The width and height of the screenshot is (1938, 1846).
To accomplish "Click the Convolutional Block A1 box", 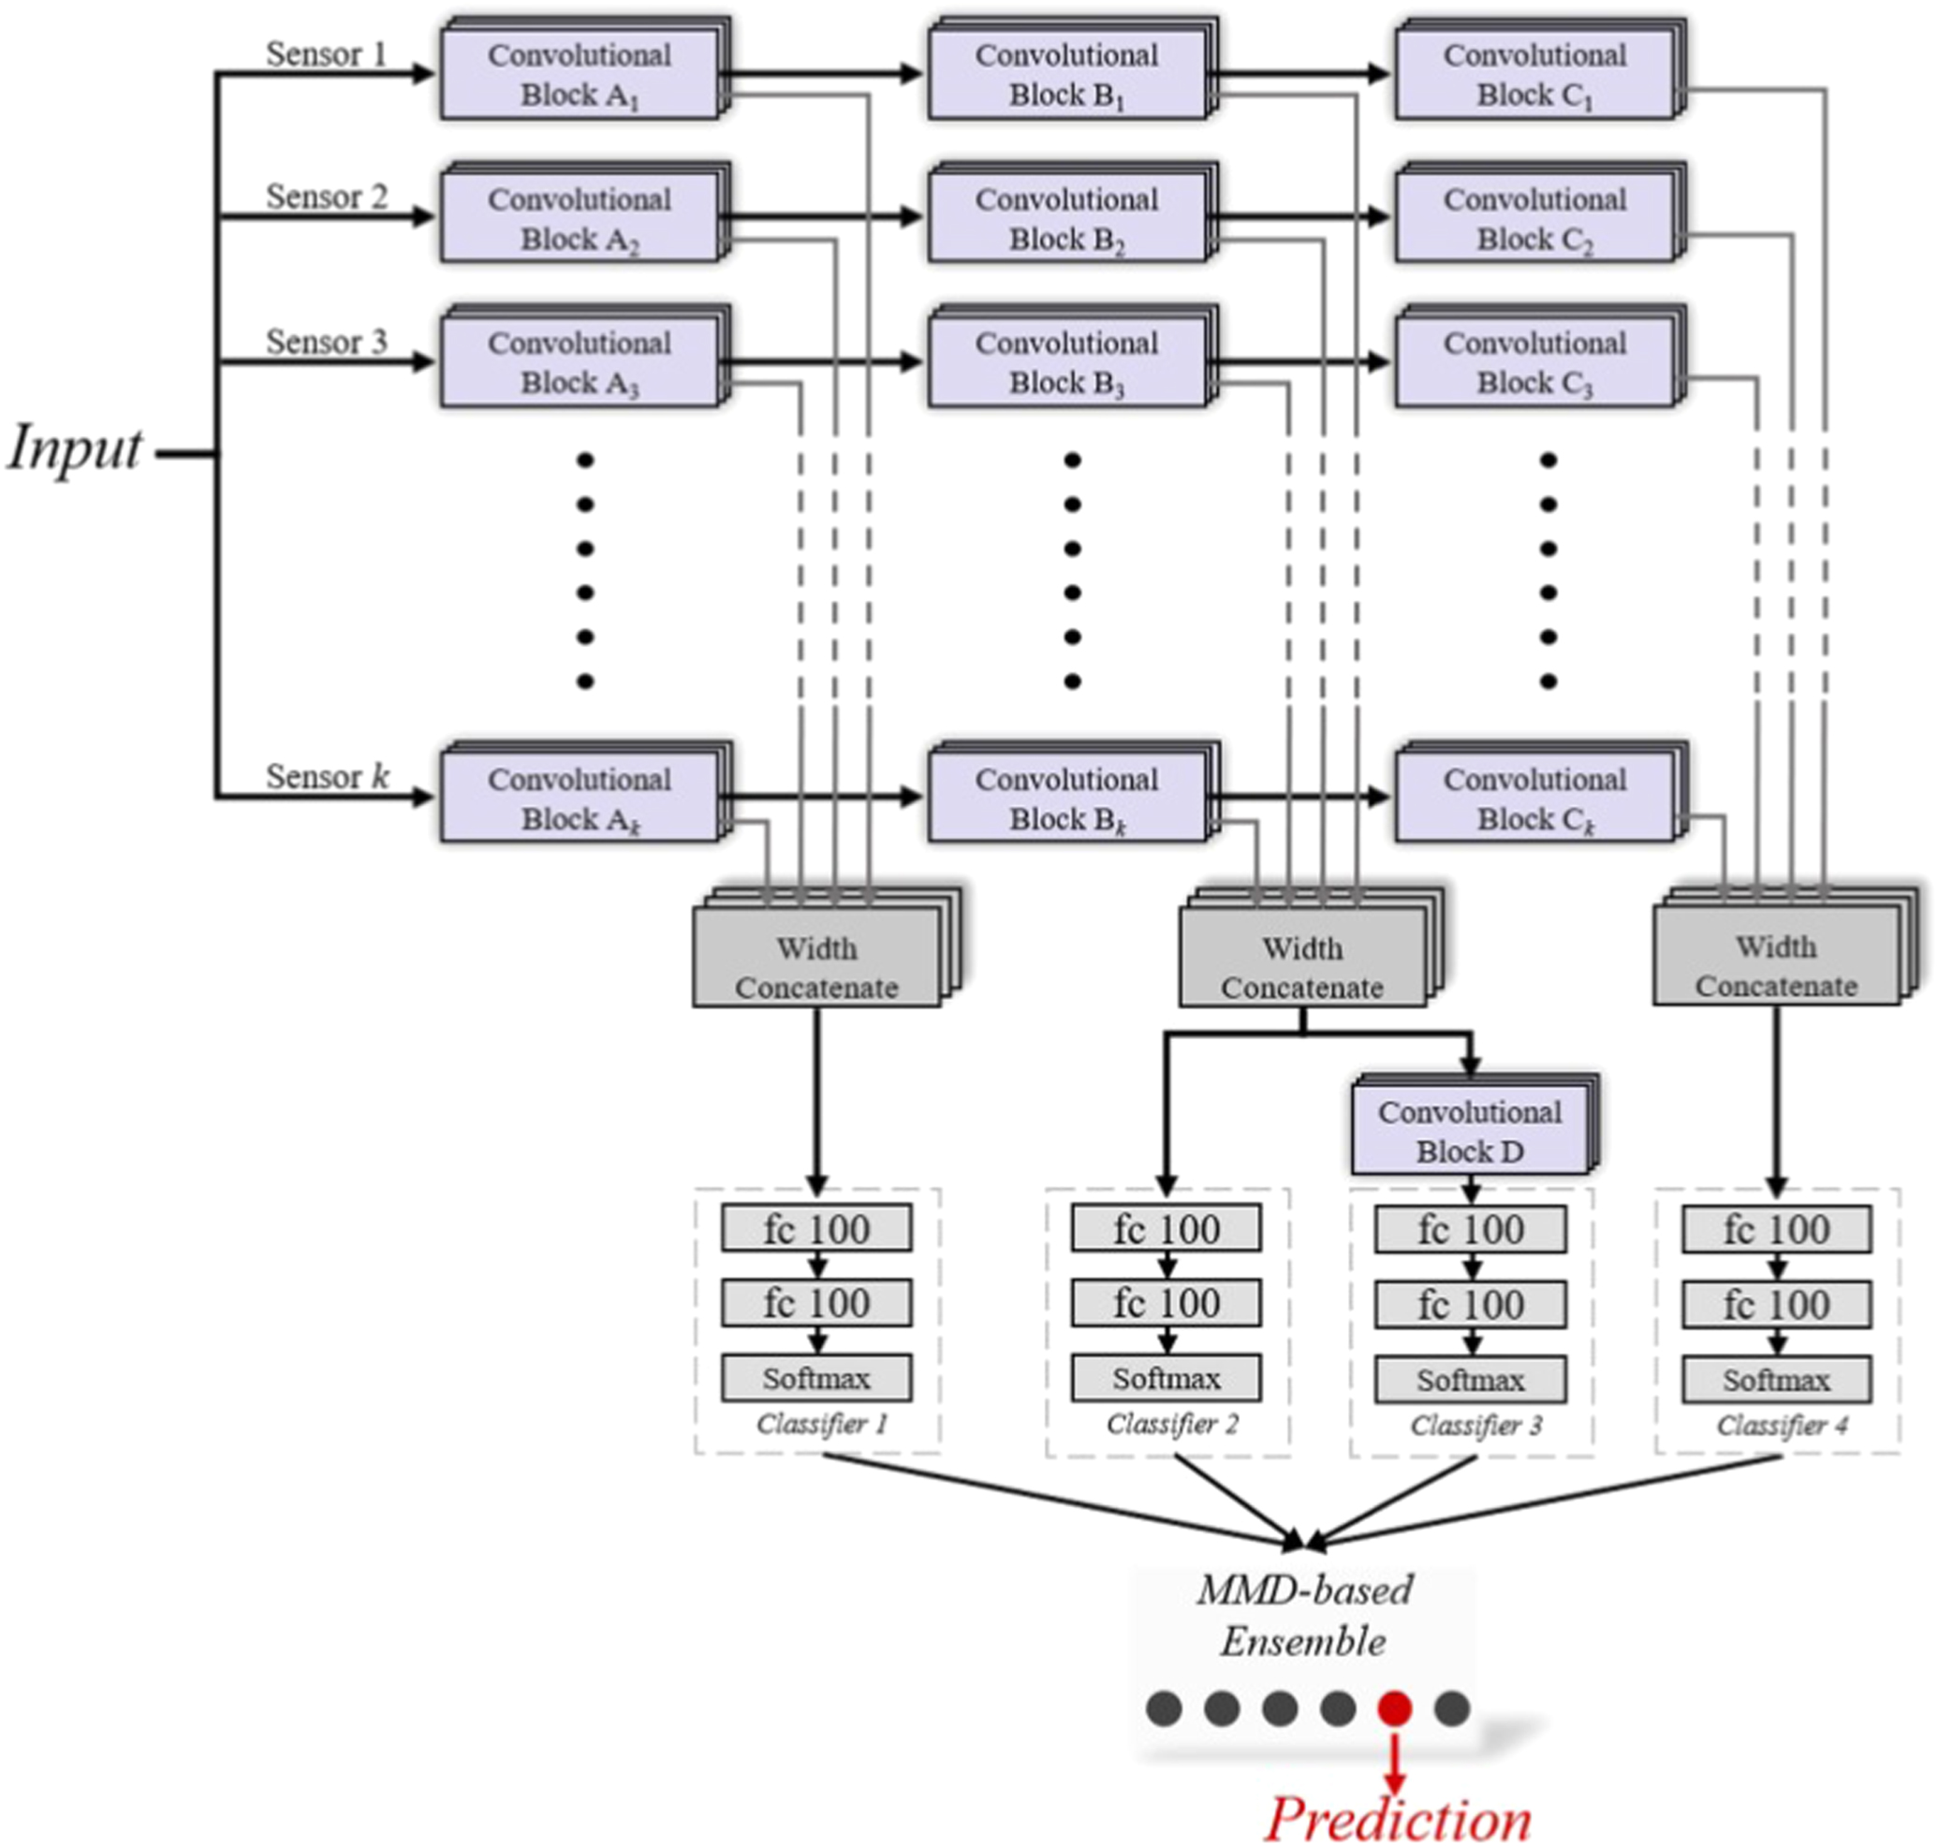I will click(579, 75).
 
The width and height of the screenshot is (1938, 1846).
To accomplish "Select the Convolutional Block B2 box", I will click(1066, 218).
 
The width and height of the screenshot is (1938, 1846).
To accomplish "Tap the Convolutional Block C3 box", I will click(1534, 362).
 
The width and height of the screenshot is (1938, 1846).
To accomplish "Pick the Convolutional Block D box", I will click(1469, 1132).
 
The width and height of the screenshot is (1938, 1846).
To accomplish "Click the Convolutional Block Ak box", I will click(579, 798).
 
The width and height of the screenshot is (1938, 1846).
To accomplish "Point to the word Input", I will click(75, 448).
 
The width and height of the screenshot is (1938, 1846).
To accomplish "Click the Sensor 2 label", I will click(327, 197).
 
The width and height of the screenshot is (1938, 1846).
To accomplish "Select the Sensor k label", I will click(327, 776).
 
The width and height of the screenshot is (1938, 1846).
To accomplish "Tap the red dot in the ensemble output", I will click(1394, 1707).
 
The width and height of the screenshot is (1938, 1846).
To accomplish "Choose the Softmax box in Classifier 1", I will click(816, 1379).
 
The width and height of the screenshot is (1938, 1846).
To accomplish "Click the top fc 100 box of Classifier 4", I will click(1776, 1230).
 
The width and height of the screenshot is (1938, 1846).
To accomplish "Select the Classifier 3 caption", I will click(1476, 1425).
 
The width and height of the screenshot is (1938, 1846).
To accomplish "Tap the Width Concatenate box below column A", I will click(816, 967).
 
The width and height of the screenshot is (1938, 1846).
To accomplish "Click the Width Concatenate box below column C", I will click(1776, 966).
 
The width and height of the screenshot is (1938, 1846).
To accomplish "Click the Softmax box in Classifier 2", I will click(1167, 1379).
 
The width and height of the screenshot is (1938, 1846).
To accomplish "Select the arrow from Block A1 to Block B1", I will click(822, 73).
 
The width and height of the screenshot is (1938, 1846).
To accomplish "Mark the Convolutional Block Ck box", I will click(1534, 798).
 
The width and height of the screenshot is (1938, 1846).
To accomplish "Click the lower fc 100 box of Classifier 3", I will click(1471, 1305).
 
